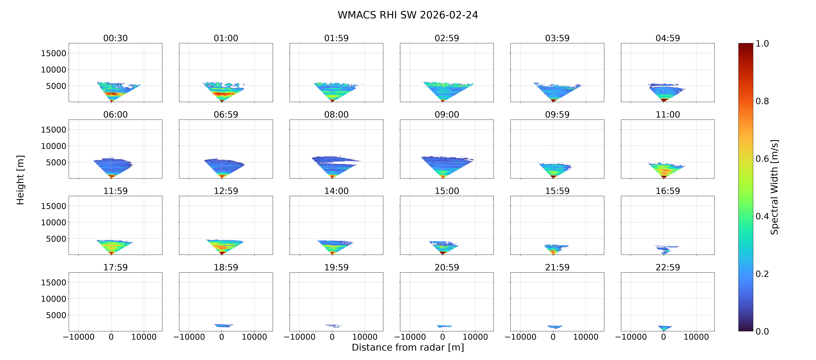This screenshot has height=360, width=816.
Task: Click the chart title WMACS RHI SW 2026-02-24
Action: click(408, 15)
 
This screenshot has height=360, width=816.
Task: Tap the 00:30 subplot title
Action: click(115, 38)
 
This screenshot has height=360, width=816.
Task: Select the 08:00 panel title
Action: click(336, 114)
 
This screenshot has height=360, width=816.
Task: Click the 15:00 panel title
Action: click(447, 191)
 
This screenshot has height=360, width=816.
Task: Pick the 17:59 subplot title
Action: click(115, 267)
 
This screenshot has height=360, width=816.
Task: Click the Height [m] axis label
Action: click(20, 180)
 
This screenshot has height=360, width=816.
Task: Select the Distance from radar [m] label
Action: click(408, 347)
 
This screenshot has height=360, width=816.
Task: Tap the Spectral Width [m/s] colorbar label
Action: click(774, 187)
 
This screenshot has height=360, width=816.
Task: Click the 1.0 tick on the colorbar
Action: click(762, 43)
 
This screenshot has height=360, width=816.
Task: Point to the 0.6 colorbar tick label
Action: click(762, 158)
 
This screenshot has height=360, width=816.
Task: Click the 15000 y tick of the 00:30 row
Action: click(54, 53)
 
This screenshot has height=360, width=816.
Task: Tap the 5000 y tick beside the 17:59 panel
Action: click(56, 315)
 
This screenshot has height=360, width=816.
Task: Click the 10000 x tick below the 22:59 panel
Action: click(696, 337)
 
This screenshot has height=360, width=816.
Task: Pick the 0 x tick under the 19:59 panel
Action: click(332, 337)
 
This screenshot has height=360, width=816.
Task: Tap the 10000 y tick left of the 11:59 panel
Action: click(54, 222)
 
